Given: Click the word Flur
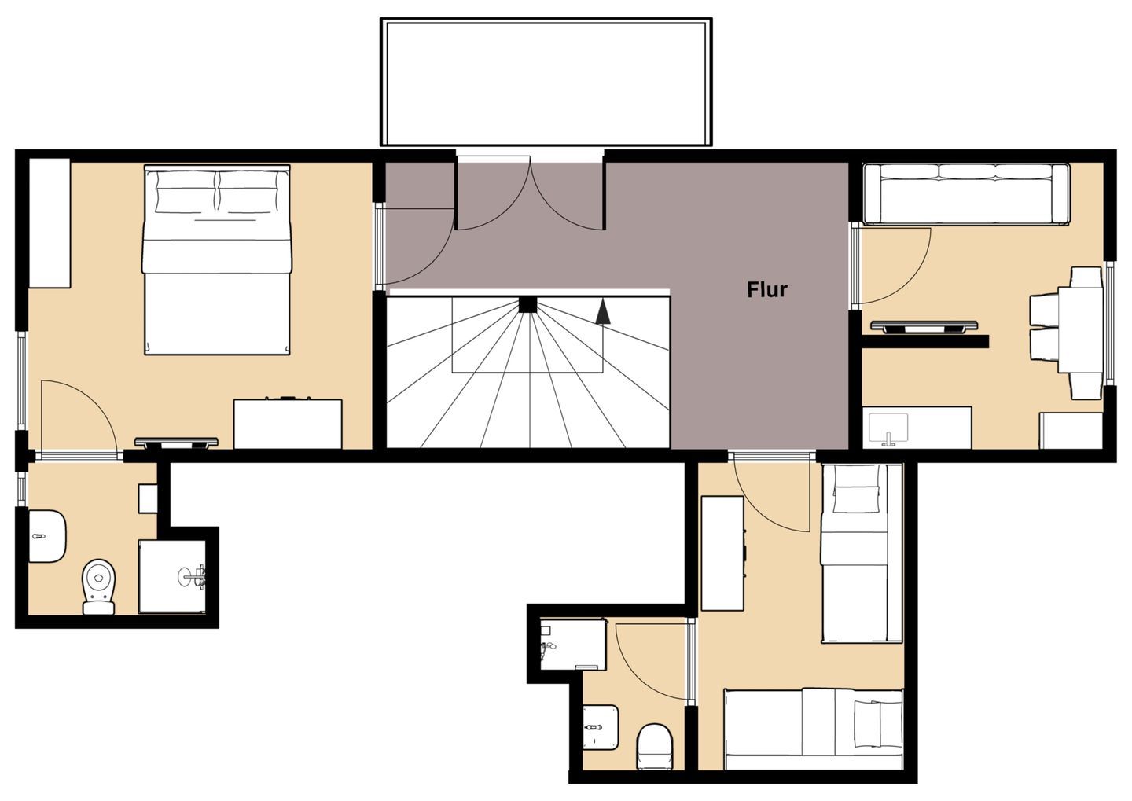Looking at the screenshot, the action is click(766, 289).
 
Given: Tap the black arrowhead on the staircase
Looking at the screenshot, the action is click(603, 312).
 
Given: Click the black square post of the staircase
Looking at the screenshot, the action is click(527, 304).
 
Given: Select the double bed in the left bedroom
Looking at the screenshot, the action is click(217, 259).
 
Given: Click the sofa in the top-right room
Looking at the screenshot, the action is click(966, 193).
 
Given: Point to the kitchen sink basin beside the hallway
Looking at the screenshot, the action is click(888, 428).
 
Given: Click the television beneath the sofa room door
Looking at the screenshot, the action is click(924, 326).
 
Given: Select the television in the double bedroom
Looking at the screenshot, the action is click(176, 443).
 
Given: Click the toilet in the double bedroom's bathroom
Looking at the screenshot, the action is click(100, 586).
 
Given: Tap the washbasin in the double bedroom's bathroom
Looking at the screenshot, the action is click(46, 535).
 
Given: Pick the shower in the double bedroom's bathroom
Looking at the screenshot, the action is click(172, 577).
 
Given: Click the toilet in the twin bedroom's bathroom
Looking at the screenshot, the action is click(654, 747).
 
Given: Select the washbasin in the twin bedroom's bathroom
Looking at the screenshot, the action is click(601, 727).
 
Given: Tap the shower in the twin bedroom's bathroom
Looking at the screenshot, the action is click(572, 645).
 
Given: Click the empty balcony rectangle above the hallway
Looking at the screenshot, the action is click(546, 82).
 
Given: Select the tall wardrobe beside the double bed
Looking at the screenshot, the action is click(49, 223).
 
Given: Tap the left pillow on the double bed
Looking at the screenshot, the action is click(186, 192).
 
